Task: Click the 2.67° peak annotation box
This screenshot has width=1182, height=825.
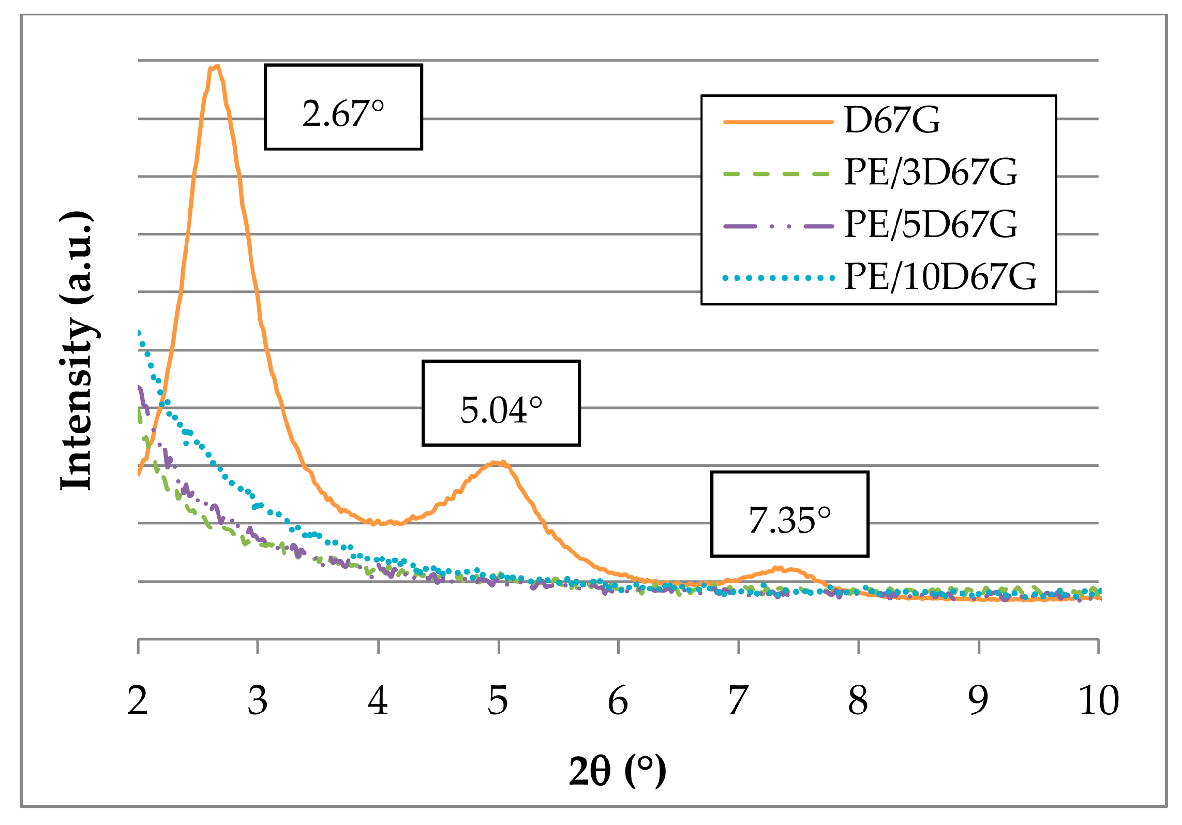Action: [x=343, y=107]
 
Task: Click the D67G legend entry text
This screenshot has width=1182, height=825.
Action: [x=892, y=120]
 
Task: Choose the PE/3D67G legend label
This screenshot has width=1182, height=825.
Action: [x=930, y=172]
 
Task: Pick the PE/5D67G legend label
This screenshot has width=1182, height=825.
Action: [x=930, y=225]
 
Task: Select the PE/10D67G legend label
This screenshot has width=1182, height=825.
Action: [x=940, y=277]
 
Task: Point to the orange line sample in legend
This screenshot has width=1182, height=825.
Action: [x=779, y=122]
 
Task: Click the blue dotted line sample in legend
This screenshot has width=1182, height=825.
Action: [x=779, y=278]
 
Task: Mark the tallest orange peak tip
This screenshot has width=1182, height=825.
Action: [x=216, y=67]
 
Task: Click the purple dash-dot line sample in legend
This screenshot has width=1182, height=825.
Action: [x=779, y=226]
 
